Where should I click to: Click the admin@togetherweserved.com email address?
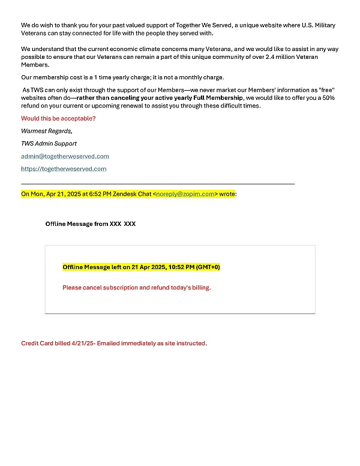[x=65, y=156]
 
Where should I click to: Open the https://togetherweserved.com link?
[x=64, y=169]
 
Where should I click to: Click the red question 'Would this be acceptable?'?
[x=58, y=118]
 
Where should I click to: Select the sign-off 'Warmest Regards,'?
[x=47, y=131]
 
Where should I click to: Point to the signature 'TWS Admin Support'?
[x=49, y=144]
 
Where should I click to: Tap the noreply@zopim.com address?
[x=185, y=194]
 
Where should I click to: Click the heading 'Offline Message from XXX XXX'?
[x=91, y=224]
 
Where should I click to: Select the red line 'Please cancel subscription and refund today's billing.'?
[x=137, y=288]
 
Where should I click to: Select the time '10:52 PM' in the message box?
[x=182, y=267]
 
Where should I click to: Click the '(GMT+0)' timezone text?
[x=208, y=267]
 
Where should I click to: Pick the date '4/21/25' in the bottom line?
[x=83, y=343]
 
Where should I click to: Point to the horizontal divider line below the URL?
[x=158, y=183]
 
